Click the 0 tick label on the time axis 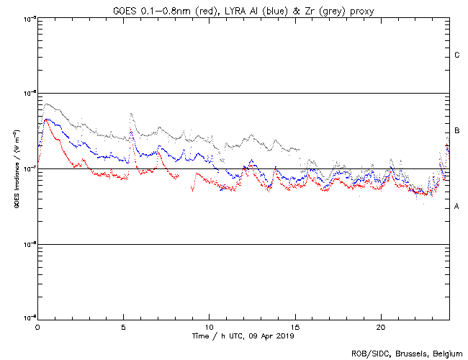pos(37,326)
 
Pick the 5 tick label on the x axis pos(123,326)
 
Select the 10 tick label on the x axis pos(209,326)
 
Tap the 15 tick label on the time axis pos(294,326)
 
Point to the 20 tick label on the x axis pos(380,326)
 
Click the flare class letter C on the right pos(457,55)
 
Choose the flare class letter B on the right pos(457,130)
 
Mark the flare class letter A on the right pos(457,207)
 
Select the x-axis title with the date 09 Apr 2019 pos(243,336)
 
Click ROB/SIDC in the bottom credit pos(367,354)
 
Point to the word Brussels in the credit pos(408,354)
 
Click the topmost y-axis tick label pos(30,18)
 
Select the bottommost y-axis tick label pos(30,318)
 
